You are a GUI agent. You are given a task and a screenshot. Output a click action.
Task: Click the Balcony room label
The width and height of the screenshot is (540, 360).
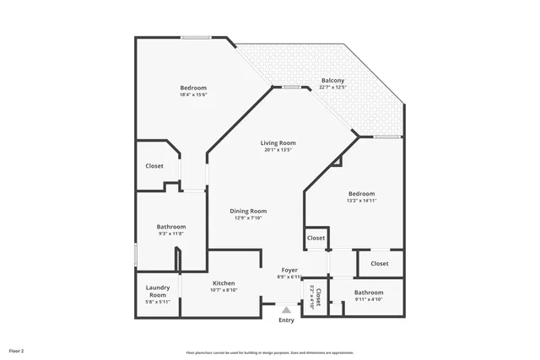[332, 81]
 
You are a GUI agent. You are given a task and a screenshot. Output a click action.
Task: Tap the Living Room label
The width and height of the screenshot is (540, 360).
[278, 143]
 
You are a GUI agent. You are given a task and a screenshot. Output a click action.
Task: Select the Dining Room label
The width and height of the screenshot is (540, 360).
[248, 211]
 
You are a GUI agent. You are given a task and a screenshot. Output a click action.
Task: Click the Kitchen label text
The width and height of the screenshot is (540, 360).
[224, 283]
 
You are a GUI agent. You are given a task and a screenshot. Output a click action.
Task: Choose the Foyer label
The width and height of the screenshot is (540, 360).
[289, 270]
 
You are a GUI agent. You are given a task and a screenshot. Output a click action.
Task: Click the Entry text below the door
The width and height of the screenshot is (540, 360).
[286, 320]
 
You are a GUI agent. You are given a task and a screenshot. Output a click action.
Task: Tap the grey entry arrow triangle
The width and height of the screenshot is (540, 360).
[286, 309]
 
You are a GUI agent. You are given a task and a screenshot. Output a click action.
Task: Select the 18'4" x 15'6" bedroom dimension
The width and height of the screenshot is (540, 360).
[193, 94]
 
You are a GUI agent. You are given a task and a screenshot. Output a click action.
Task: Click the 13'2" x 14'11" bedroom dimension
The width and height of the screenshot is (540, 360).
[361, 201]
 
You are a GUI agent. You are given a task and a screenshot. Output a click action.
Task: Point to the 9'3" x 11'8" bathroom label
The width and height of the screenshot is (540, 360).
[170, 234]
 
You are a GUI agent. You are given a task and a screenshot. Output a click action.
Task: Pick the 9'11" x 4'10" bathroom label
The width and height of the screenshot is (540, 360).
[369, 299]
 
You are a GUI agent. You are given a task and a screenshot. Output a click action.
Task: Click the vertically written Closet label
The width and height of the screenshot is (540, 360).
[318, 295]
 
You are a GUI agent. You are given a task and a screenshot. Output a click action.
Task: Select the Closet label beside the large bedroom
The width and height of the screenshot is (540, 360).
[154, 166]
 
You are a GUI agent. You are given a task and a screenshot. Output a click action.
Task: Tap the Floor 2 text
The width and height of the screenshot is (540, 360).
[17, 350]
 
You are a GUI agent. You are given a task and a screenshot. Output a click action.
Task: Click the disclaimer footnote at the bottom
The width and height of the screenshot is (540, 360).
[270, 352]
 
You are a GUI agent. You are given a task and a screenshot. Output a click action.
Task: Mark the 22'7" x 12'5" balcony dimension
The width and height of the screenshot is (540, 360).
[332, 88]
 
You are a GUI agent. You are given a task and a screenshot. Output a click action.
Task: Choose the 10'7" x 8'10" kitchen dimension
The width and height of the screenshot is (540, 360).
[224, 290]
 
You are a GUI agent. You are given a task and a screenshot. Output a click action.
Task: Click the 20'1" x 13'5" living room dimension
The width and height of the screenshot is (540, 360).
[278, 150]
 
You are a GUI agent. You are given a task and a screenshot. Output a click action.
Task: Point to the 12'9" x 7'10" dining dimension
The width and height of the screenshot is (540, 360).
[248, 218]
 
